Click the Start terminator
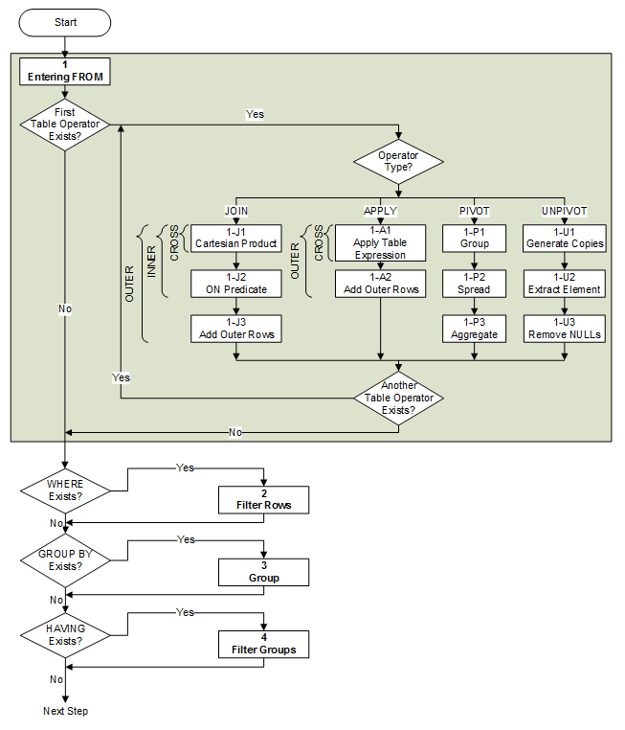tap(66, 22)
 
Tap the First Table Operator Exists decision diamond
tap(66, 125)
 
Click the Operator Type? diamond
tap(399, 161)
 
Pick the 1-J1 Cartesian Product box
tap(235, 237)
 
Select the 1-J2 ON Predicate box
tap(235, 283)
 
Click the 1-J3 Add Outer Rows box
tap(235, 329)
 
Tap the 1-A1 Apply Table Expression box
tap(380, 242)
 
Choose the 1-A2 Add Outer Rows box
tap(380, 283)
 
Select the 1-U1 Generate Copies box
tap(564, 237)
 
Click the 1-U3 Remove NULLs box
tap(564, 329)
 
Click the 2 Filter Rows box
tap(264, 497)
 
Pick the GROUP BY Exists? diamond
tap(66, 560)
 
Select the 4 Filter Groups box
tap(264, 643)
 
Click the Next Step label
tap(66, 711)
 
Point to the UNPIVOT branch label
tap(564, 210)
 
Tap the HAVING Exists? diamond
tap(66, 634)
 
